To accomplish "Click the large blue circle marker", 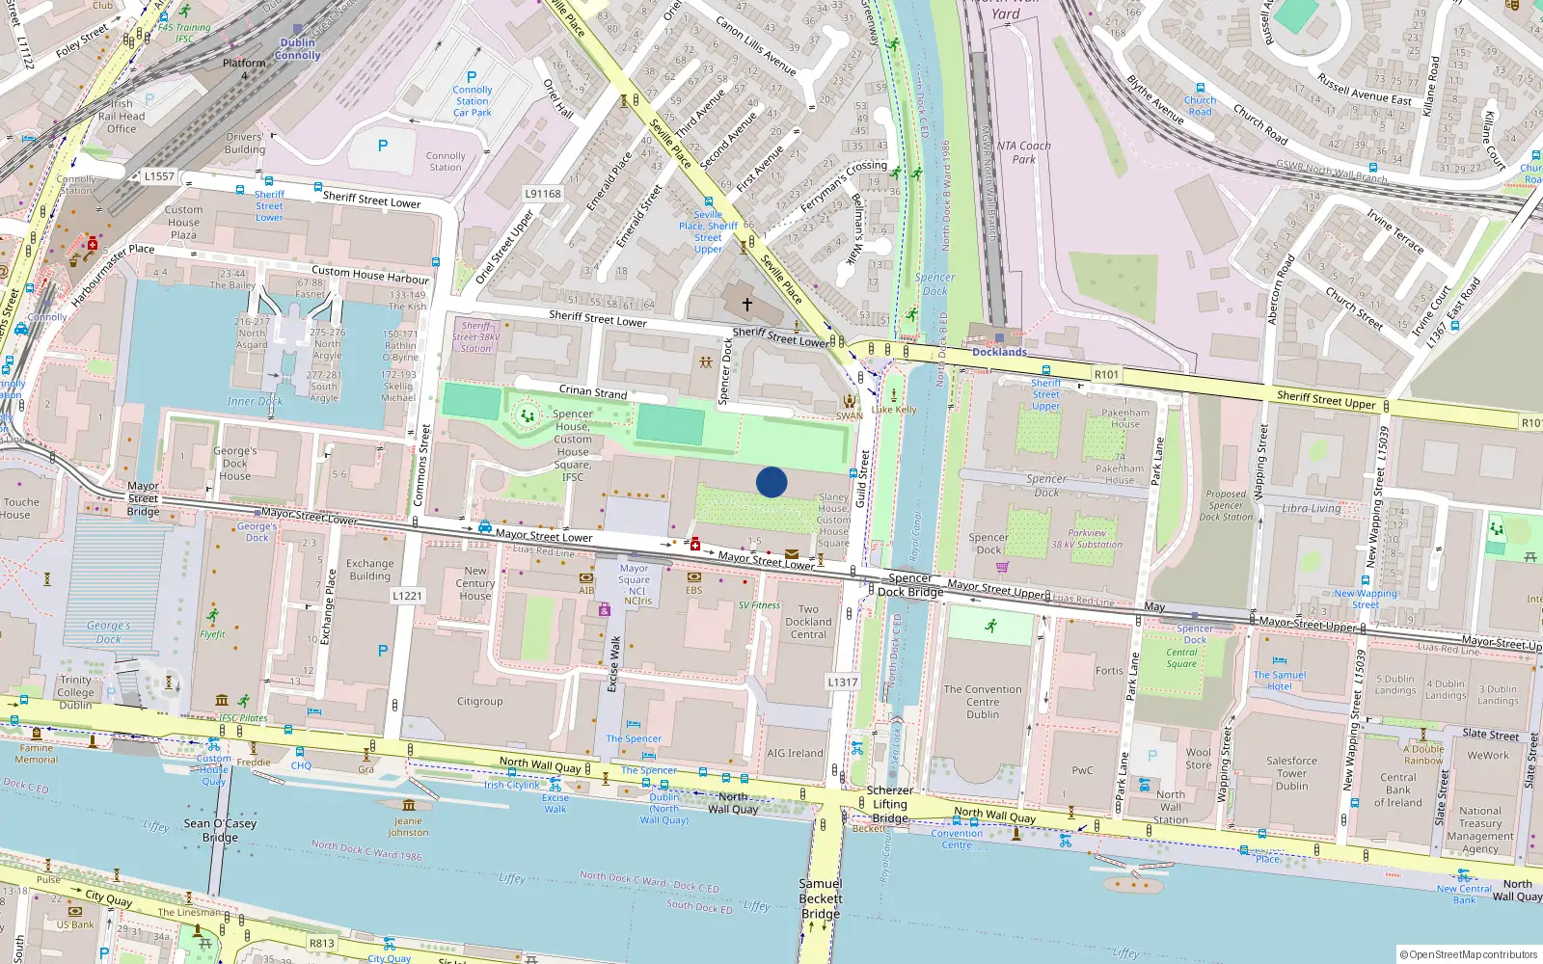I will click(771, 482).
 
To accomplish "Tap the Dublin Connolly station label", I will click(297, 49).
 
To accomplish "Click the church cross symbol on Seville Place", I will click(746, 304).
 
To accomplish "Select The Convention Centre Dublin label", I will click(982, 702).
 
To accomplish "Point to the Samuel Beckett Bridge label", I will click(820, 898).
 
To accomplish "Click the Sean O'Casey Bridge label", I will click(220, 830).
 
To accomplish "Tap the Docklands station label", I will click(999, 352).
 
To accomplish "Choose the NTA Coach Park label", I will click(1023, 152).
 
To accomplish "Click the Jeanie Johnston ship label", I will click(408, 826).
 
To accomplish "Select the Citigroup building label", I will click(479, 702).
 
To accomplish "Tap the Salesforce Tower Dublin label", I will click(1291, 773).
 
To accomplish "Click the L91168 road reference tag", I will click(542, 194).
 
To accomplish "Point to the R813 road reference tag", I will click(321, 944).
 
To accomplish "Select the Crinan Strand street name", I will click(593, 391).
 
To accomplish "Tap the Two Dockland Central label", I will click(808, 622).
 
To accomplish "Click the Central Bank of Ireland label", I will click(1397, 790).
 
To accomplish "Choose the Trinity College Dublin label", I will click(75, 692).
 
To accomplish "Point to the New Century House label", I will click(474, 583).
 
